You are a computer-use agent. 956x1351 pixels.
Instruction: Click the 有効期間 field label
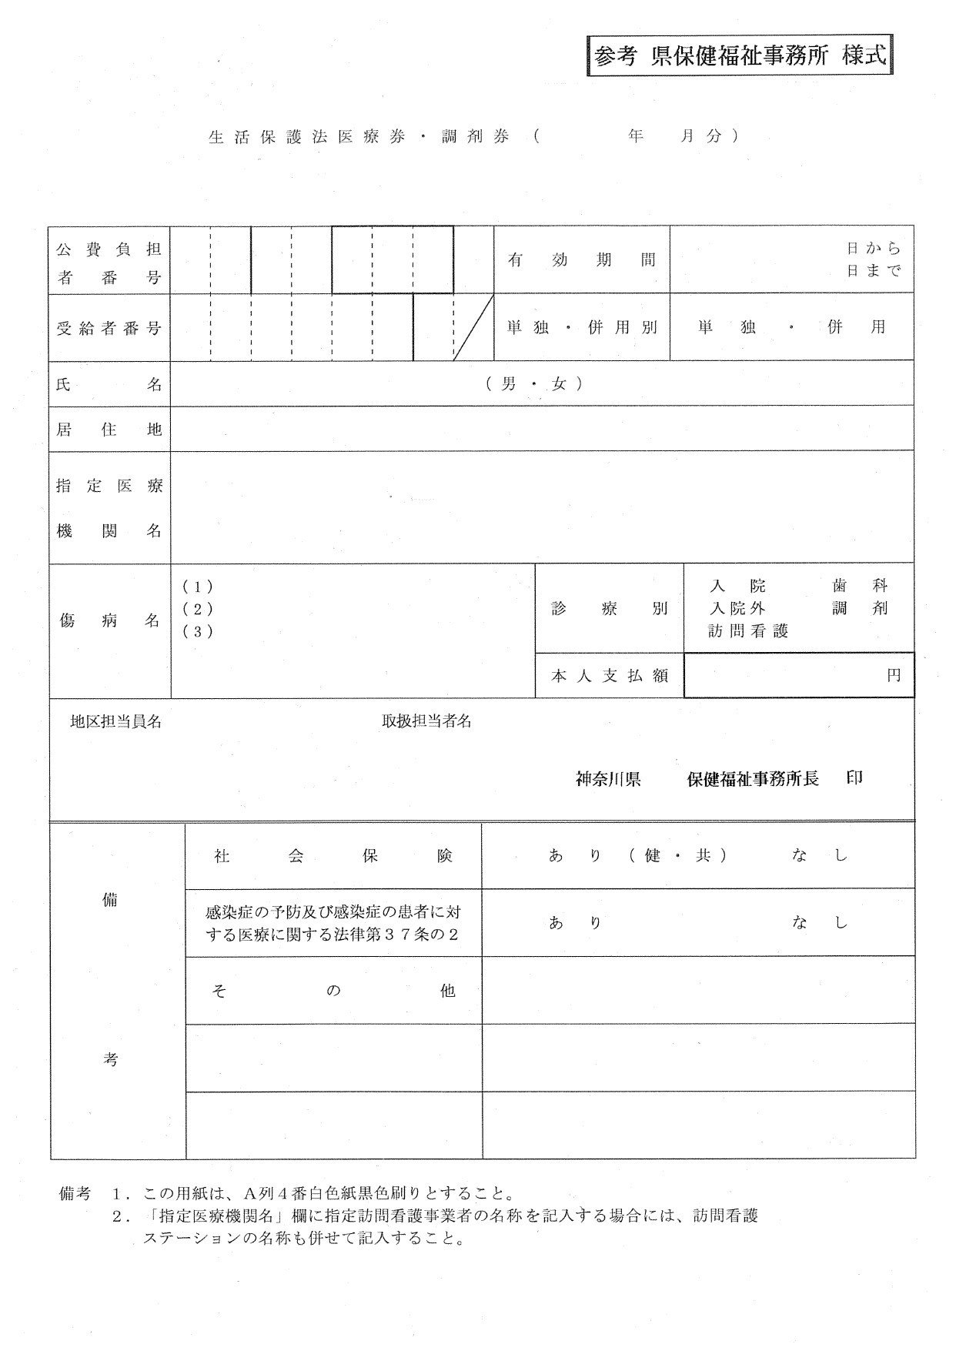click(x=581, y=260)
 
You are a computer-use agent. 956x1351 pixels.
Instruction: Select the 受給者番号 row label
click(x=109, y=328)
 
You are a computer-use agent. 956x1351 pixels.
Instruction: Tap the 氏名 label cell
click(x=109, y=384)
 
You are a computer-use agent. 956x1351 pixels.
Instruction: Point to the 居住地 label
click(x=109, y=430)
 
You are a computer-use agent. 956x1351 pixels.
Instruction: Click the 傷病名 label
click(x=109, y=620)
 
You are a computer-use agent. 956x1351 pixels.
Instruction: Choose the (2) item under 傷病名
click(x=198, y=609)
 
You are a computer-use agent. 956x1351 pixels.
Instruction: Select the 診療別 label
click(x=608, y=609)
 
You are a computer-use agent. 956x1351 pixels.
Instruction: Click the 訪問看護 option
click(x=748, y=631)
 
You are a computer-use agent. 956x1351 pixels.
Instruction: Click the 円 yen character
click(x=893, y=675)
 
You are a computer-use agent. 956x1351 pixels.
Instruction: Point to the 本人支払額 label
click(x=608, y=675)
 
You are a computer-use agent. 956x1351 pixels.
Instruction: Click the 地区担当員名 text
click(x=115, y=721)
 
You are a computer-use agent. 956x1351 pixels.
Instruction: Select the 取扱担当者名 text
click(x=426, y=721)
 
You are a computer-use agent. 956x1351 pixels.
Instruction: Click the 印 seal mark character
click(x=854, y=777)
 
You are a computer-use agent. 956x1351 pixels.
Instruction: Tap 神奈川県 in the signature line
click(x=608, y=779)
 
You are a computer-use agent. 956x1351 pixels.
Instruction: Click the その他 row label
click(x=333, y=991)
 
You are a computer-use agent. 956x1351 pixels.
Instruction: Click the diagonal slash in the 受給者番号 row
click(x=473, y=327)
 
